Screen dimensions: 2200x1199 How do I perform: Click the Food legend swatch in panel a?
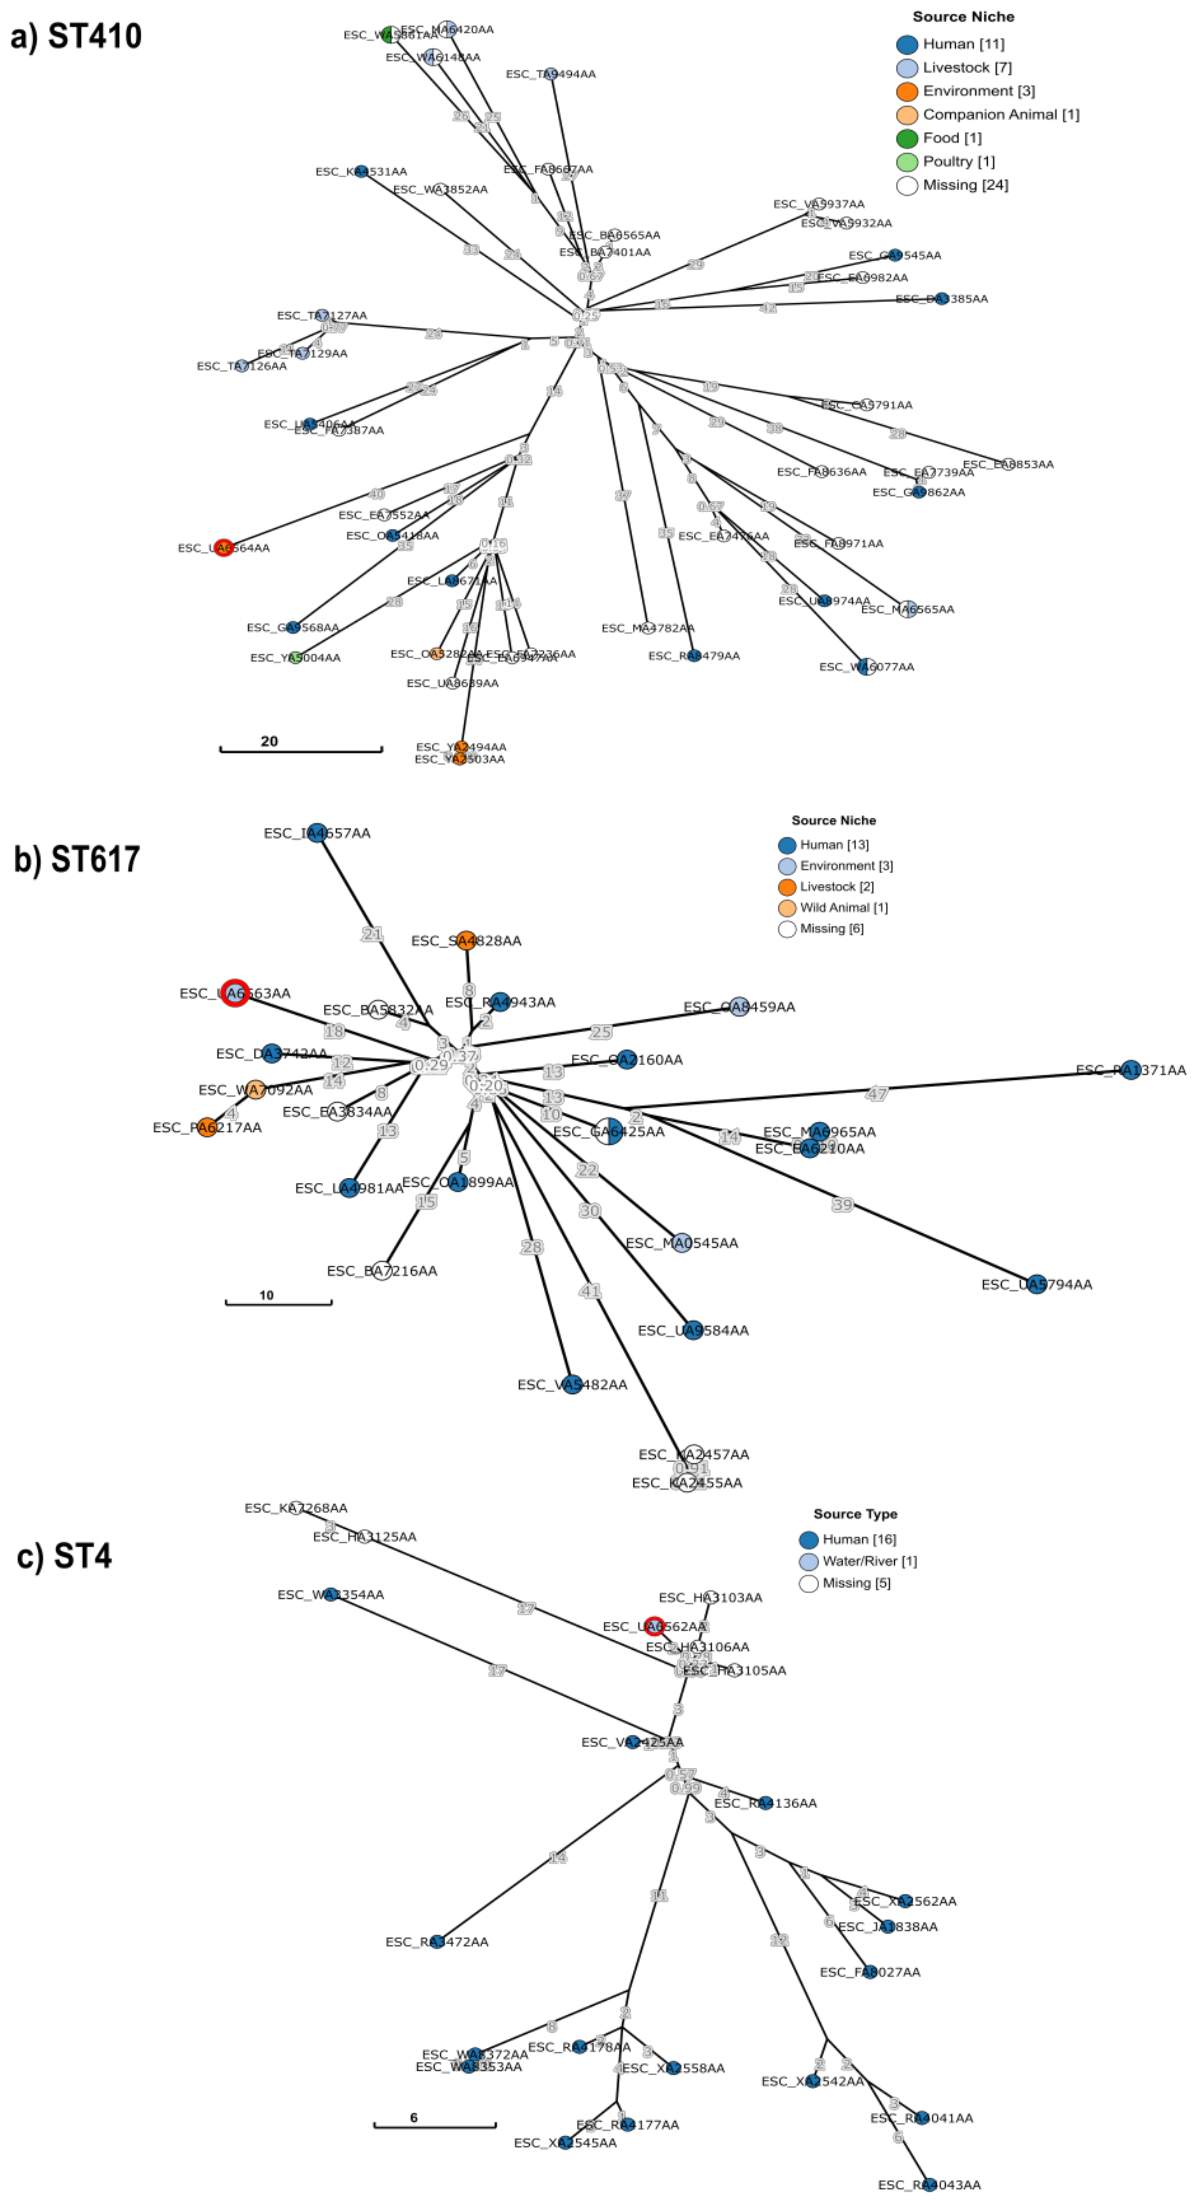[x=907, y=138]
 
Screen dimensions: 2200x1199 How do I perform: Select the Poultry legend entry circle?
[x=907, y=162]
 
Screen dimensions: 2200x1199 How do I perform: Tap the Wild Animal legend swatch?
[x=786, y=908]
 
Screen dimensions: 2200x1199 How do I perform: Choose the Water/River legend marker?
[x=808, y=1561]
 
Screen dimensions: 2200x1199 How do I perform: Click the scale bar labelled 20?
[x=301, y=750]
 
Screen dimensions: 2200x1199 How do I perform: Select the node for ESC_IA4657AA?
[x=317, y=833]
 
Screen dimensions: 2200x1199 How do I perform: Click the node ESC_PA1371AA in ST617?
[x=1131, y=1069]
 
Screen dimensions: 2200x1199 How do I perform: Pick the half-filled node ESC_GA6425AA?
[x=609, y=1131]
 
